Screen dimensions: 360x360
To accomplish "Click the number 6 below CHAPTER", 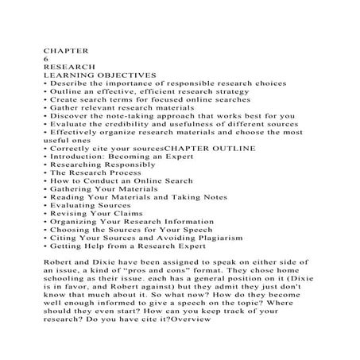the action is point(45,58).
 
